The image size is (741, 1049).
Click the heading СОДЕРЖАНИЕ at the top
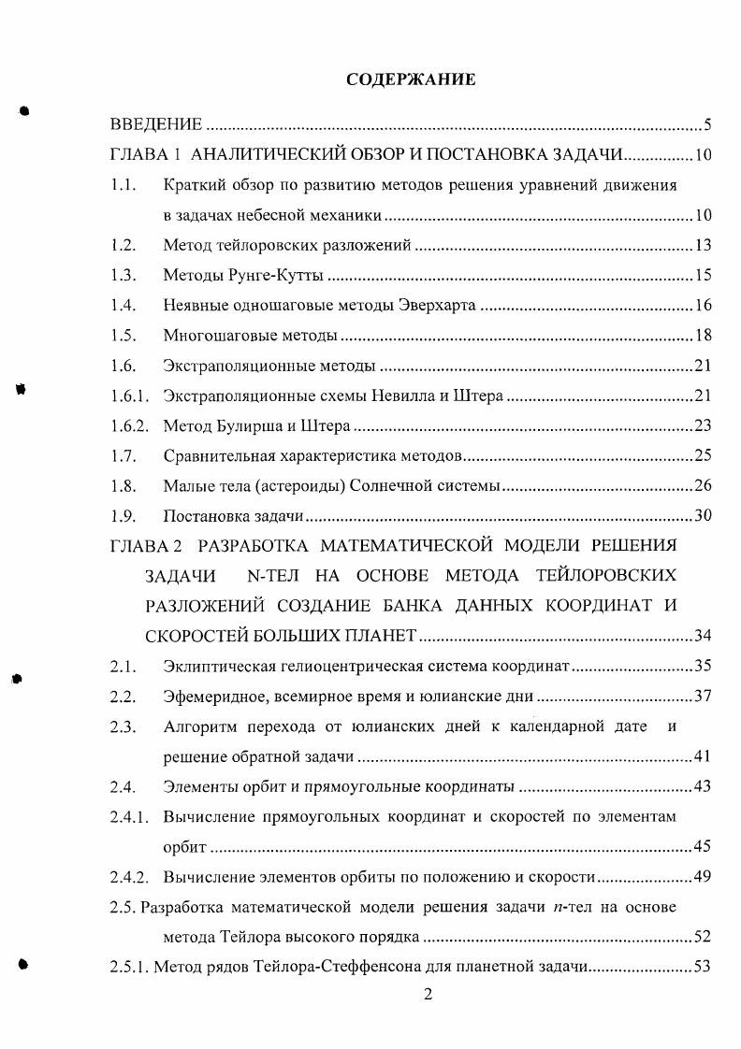pos(411,79)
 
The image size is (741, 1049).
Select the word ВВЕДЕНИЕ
pos(156,124)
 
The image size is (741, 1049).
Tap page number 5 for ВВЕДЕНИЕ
pos(708,125)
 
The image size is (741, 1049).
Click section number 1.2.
pos(123,246)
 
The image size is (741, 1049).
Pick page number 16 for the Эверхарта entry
pos(704,306)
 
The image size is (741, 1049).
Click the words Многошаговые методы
pos(249,336)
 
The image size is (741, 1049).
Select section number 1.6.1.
pos(129,396)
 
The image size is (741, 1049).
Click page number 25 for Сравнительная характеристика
pos(704,456)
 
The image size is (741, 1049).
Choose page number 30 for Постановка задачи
pos(704,516)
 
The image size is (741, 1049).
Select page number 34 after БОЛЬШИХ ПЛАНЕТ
pos(704,637)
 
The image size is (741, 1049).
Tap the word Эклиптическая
pos(214,667)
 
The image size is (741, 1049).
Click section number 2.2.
pos(123,697)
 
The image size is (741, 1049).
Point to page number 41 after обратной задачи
pos(704,756)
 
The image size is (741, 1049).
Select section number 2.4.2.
pos(129,877)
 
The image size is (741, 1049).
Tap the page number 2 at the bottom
pos(428,995)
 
